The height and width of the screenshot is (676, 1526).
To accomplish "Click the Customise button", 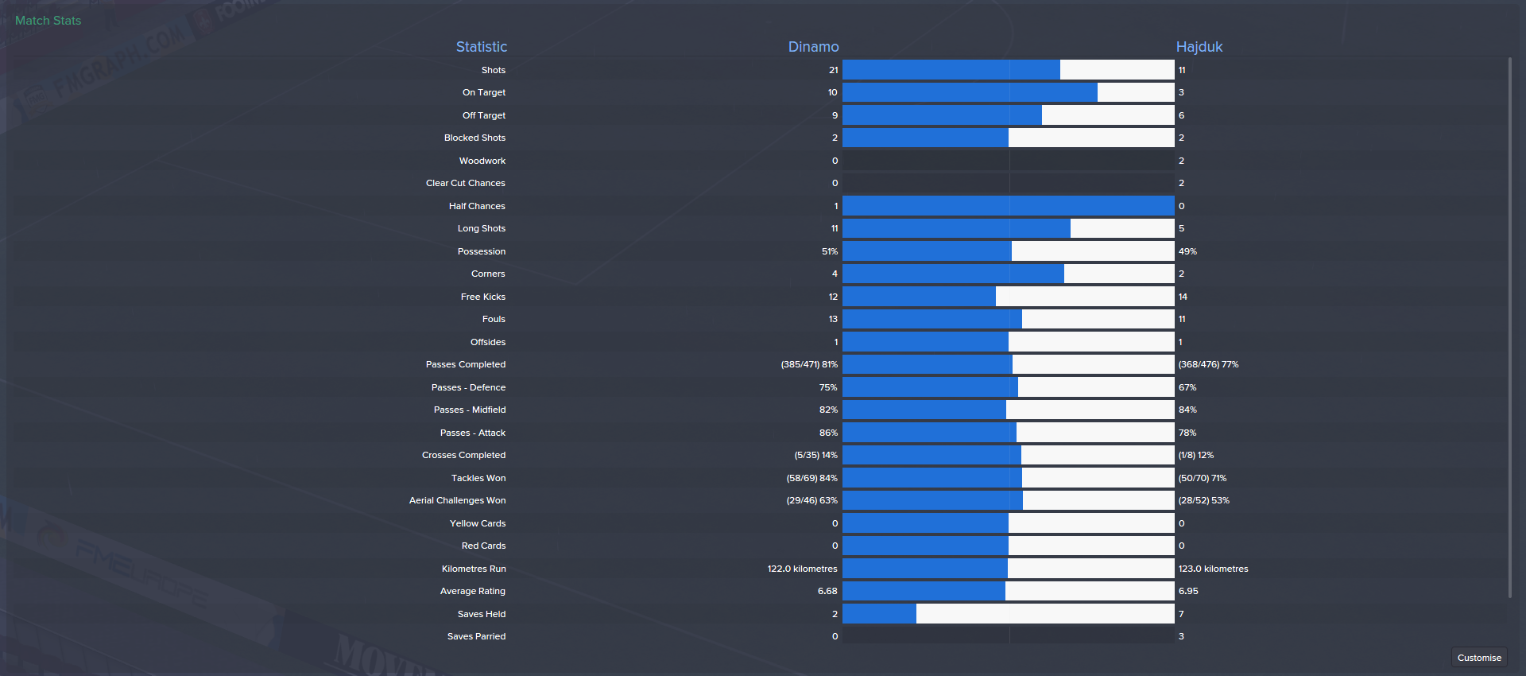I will point(1479,658).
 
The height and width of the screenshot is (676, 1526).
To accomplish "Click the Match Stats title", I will point(48,21).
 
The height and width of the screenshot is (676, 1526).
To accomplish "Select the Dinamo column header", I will point(813,47).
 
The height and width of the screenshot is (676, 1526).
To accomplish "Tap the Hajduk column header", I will point(1199,47).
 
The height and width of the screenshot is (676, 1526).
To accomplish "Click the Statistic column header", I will point(481,47).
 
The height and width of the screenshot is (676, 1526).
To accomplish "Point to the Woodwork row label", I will point(482,161).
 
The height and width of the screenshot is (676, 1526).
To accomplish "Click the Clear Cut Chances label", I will point(465,183).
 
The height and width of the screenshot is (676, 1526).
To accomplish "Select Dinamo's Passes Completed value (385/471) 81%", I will point(809,364).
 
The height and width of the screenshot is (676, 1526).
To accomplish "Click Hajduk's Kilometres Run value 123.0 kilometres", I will point(1213,569).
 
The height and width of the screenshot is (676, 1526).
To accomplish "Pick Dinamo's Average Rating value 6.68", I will point(827,591).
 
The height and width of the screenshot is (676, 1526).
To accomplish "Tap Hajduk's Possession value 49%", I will point(1187,251).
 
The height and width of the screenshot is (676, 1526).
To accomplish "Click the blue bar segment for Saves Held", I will point(879,614).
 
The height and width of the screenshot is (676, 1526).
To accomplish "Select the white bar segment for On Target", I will point(1136,92).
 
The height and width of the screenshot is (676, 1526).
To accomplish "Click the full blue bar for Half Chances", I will point(1008,206).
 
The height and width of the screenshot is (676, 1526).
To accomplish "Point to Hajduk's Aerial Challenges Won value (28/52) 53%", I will point(1203,500).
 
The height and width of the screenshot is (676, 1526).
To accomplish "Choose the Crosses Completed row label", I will point(463,455).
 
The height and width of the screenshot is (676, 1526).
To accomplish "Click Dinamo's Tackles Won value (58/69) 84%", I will point(811,478).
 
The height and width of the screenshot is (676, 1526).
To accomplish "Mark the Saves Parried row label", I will point(476,636).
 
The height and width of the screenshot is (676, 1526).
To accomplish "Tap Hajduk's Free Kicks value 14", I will point(1183,297).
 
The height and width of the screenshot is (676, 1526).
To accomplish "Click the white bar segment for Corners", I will point(1119,274).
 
